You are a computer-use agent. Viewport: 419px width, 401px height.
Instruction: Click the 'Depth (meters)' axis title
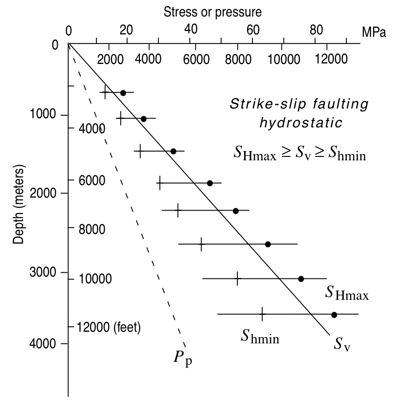click(x=19, y=206)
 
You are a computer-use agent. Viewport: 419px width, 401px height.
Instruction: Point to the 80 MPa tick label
click(x=316, y=30)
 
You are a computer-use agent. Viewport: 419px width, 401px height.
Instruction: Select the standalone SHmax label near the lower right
click(x=347, y=293)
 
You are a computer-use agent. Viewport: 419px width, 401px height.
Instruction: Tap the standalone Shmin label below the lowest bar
click(x=260, y=336)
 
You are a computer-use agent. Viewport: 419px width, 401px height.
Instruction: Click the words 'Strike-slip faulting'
click(x=299, y=104)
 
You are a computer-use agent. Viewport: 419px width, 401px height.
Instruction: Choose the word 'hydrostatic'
click(x=301, y=123)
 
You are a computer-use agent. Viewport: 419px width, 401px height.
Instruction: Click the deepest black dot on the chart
click(x=334, y=315)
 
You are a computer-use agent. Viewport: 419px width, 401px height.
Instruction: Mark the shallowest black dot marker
click(x=123, y=93)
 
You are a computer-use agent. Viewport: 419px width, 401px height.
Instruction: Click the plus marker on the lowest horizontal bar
click(x=262, y=314)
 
